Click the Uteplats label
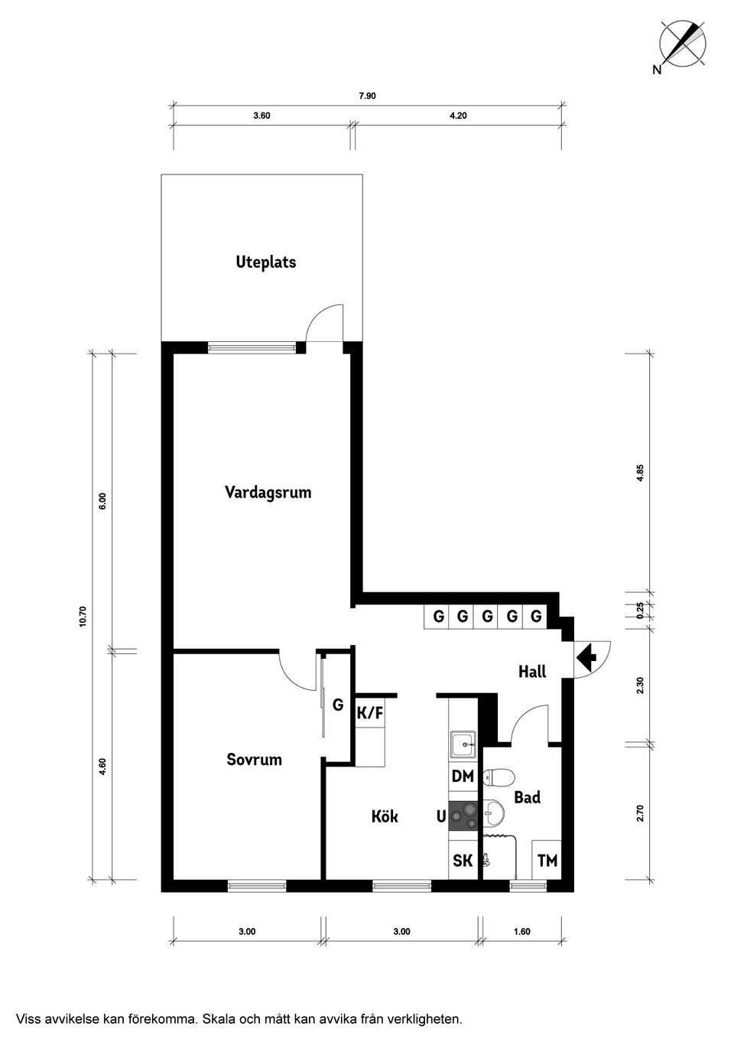[265, 262]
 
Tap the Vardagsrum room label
[268, 493]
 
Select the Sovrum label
[254, 760]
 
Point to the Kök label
[385, 816]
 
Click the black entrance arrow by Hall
[586, 657]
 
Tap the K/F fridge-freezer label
[369, 712]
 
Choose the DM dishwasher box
[463, 776]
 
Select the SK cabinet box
[463, 861]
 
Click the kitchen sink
[463, 744]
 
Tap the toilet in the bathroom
[499, 776]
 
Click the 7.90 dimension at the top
[367, 96]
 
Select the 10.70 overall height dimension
[83, 617]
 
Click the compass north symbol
[683, 43]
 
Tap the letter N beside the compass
[657, 70]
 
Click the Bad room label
[528, 797]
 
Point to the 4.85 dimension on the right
[640, 473]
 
